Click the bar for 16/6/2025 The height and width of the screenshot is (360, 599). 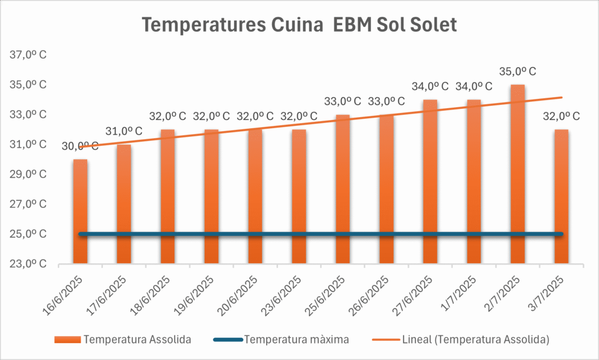point(80,211)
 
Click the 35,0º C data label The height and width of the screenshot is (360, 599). point(518,72)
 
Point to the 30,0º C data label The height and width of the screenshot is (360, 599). point(80,146)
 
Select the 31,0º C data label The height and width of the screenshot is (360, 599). point(123,131)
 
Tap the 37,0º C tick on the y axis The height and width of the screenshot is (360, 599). point(28,56)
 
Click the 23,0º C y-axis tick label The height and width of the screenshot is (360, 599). point(28,264)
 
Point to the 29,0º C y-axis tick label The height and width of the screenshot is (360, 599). point(28,174)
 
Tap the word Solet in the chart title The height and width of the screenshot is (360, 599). point(432,26)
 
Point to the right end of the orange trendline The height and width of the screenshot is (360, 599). point(562,97)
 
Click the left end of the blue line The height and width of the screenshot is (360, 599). point(81,234)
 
